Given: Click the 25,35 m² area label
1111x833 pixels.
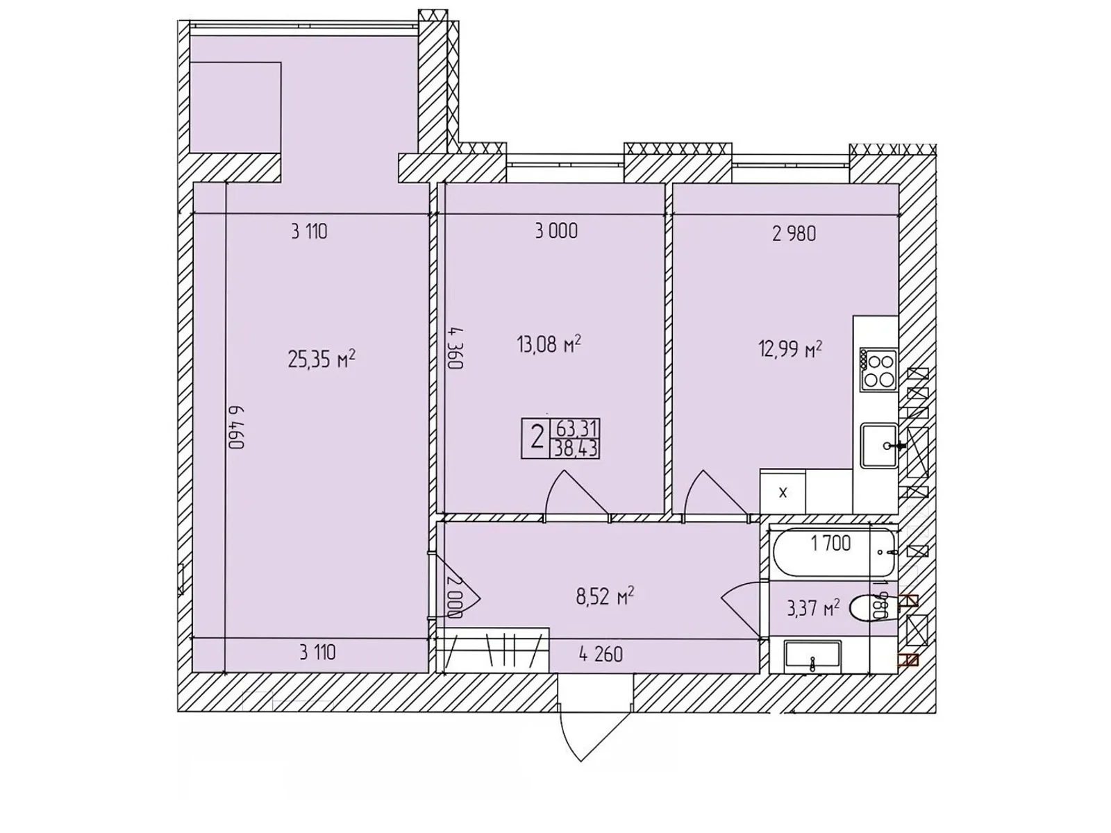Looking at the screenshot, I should [x=321, y=359].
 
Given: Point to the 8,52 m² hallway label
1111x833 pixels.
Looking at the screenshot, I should [x=605, y=596].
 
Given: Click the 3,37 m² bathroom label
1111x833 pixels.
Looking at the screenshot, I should [x=813, y=609].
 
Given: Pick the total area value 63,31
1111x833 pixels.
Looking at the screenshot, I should [x=576, y=428].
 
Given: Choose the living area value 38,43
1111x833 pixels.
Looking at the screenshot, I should [x=576, y=449].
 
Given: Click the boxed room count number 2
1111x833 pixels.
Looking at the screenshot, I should [x=536, y=439].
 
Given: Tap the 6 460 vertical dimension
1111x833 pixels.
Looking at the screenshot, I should [x=237, y=426].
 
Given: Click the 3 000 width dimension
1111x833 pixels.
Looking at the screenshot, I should [x=556, y=231].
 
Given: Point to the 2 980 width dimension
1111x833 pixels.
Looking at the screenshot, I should [x=794, y=234].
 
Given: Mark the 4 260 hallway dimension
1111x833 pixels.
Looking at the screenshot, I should [x=601, y=654].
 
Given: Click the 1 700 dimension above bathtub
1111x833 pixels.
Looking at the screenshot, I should [x=830, y=543].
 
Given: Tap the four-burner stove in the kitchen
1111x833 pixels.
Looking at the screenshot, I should [x=878, y=370].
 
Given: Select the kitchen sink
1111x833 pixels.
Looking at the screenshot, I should [x=878, y=445].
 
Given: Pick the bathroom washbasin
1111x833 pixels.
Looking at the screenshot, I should [x=812, y=656].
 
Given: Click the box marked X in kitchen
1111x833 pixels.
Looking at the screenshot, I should [x=783, y=492].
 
